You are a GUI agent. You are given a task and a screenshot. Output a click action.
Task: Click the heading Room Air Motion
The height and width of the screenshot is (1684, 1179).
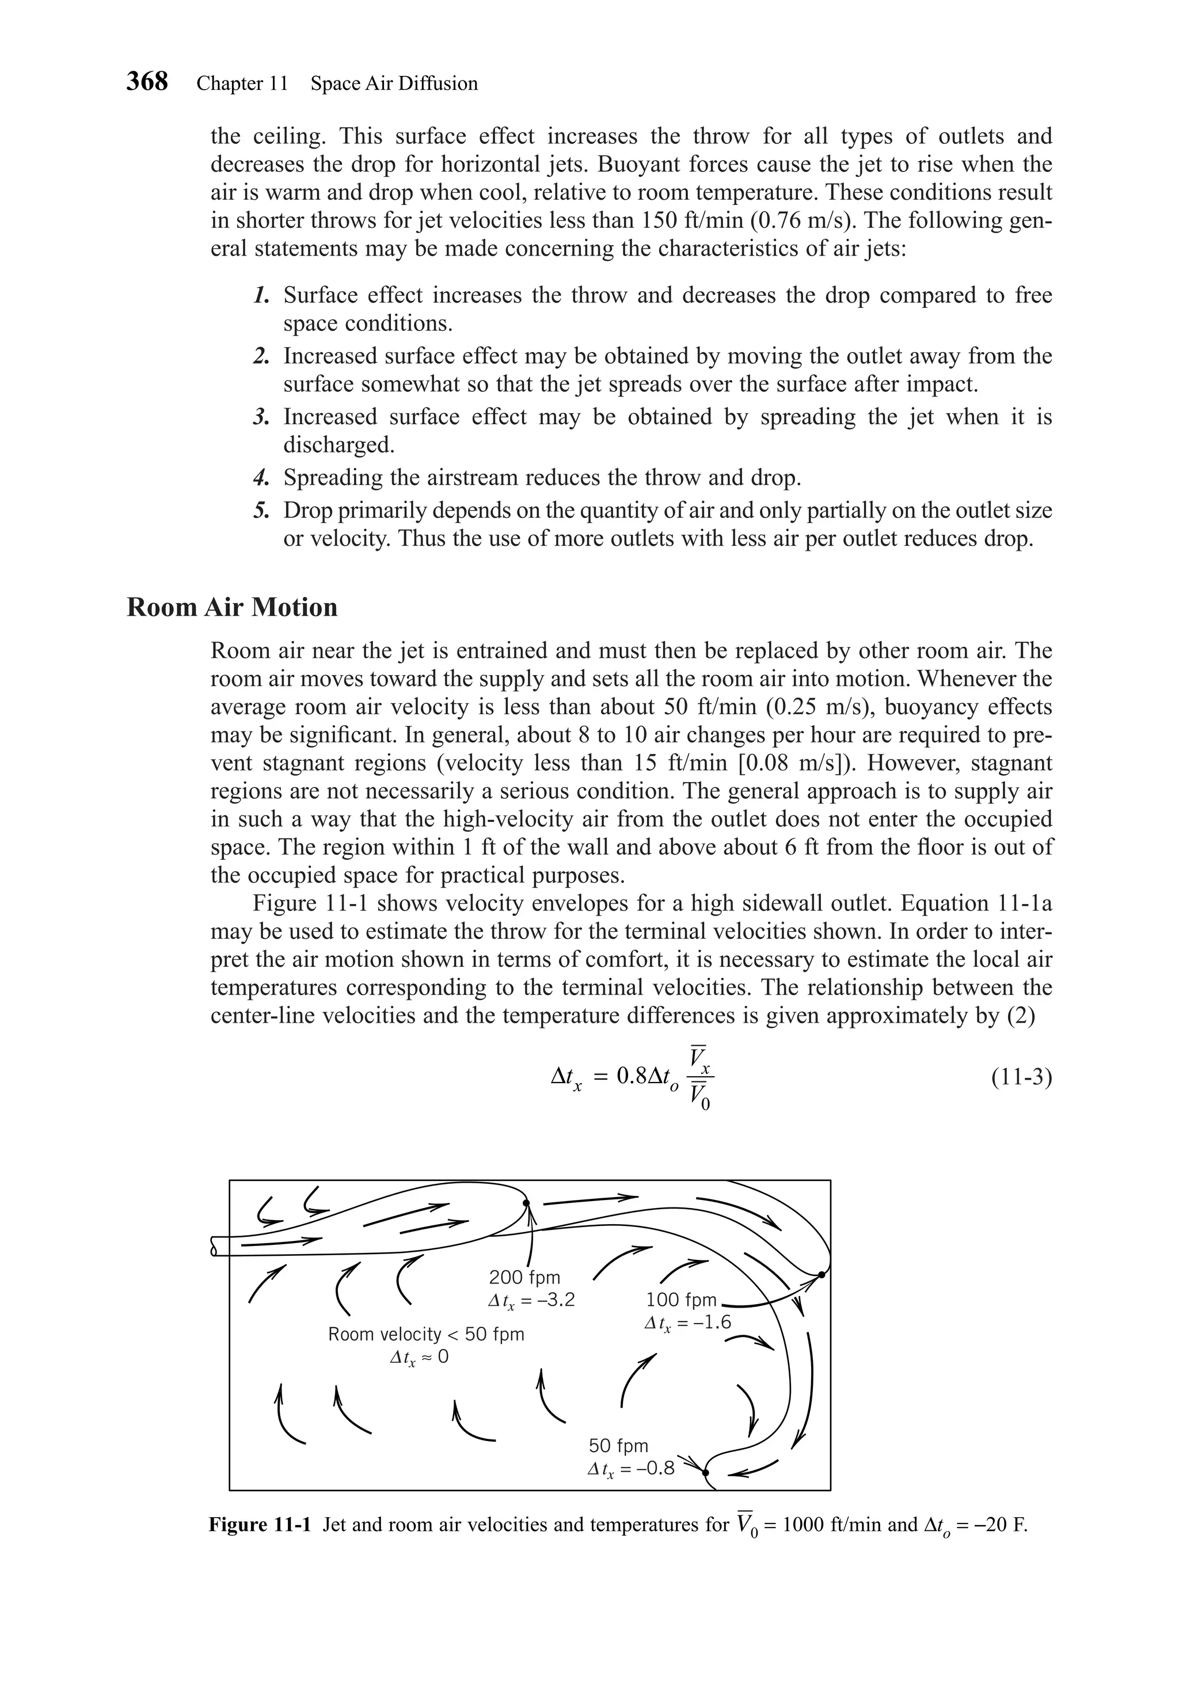click(x=232, y=607)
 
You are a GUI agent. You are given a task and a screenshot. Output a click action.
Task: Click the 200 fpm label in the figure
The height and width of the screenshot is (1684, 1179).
click(x=524, y=1277)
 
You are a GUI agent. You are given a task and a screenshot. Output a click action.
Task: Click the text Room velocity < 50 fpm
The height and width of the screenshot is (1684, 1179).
click(x=425, y=1334)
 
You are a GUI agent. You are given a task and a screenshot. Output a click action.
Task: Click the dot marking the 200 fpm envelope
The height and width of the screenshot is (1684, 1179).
click(x=525, y=1203)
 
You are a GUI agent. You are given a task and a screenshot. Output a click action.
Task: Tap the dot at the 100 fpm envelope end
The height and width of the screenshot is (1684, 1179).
click(x=821, y=1275)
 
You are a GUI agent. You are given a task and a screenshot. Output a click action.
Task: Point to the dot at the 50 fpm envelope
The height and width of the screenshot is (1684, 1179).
click(x=705, y=1472)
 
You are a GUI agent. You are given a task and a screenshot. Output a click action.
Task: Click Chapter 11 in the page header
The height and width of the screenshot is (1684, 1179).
click(x=242, y=83)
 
